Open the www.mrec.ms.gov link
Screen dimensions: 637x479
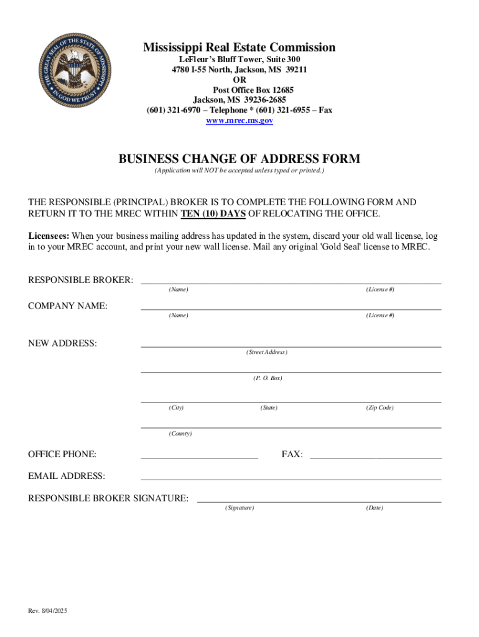coord(240,121)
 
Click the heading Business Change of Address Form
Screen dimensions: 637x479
coord(240,159)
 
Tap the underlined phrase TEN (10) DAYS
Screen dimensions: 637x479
coord(213,214)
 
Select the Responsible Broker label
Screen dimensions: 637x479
coord(81,281)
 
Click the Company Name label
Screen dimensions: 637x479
coord(68,306)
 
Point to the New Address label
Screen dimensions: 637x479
coord(62,343)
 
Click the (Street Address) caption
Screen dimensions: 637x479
coord(266,353)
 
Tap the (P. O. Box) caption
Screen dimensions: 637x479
coord(267,378)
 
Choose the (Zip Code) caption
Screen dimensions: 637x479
coord(379,408)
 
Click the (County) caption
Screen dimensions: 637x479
coord(180,434)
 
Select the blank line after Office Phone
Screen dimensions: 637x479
coord(199,457)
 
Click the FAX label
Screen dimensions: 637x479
coord(292,455)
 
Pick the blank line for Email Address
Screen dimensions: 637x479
coord(291,478)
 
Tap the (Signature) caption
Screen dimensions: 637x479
coord(240,508)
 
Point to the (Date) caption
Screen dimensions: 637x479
coord(374,508)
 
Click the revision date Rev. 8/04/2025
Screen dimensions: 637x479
coord(48,611)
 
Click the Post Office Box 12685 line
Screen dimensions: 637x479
coord(240,90)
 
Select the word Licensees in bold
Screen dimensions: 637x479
coord(49,236)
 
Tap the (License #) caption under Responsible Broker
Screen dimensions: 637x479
coord(380,290)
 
